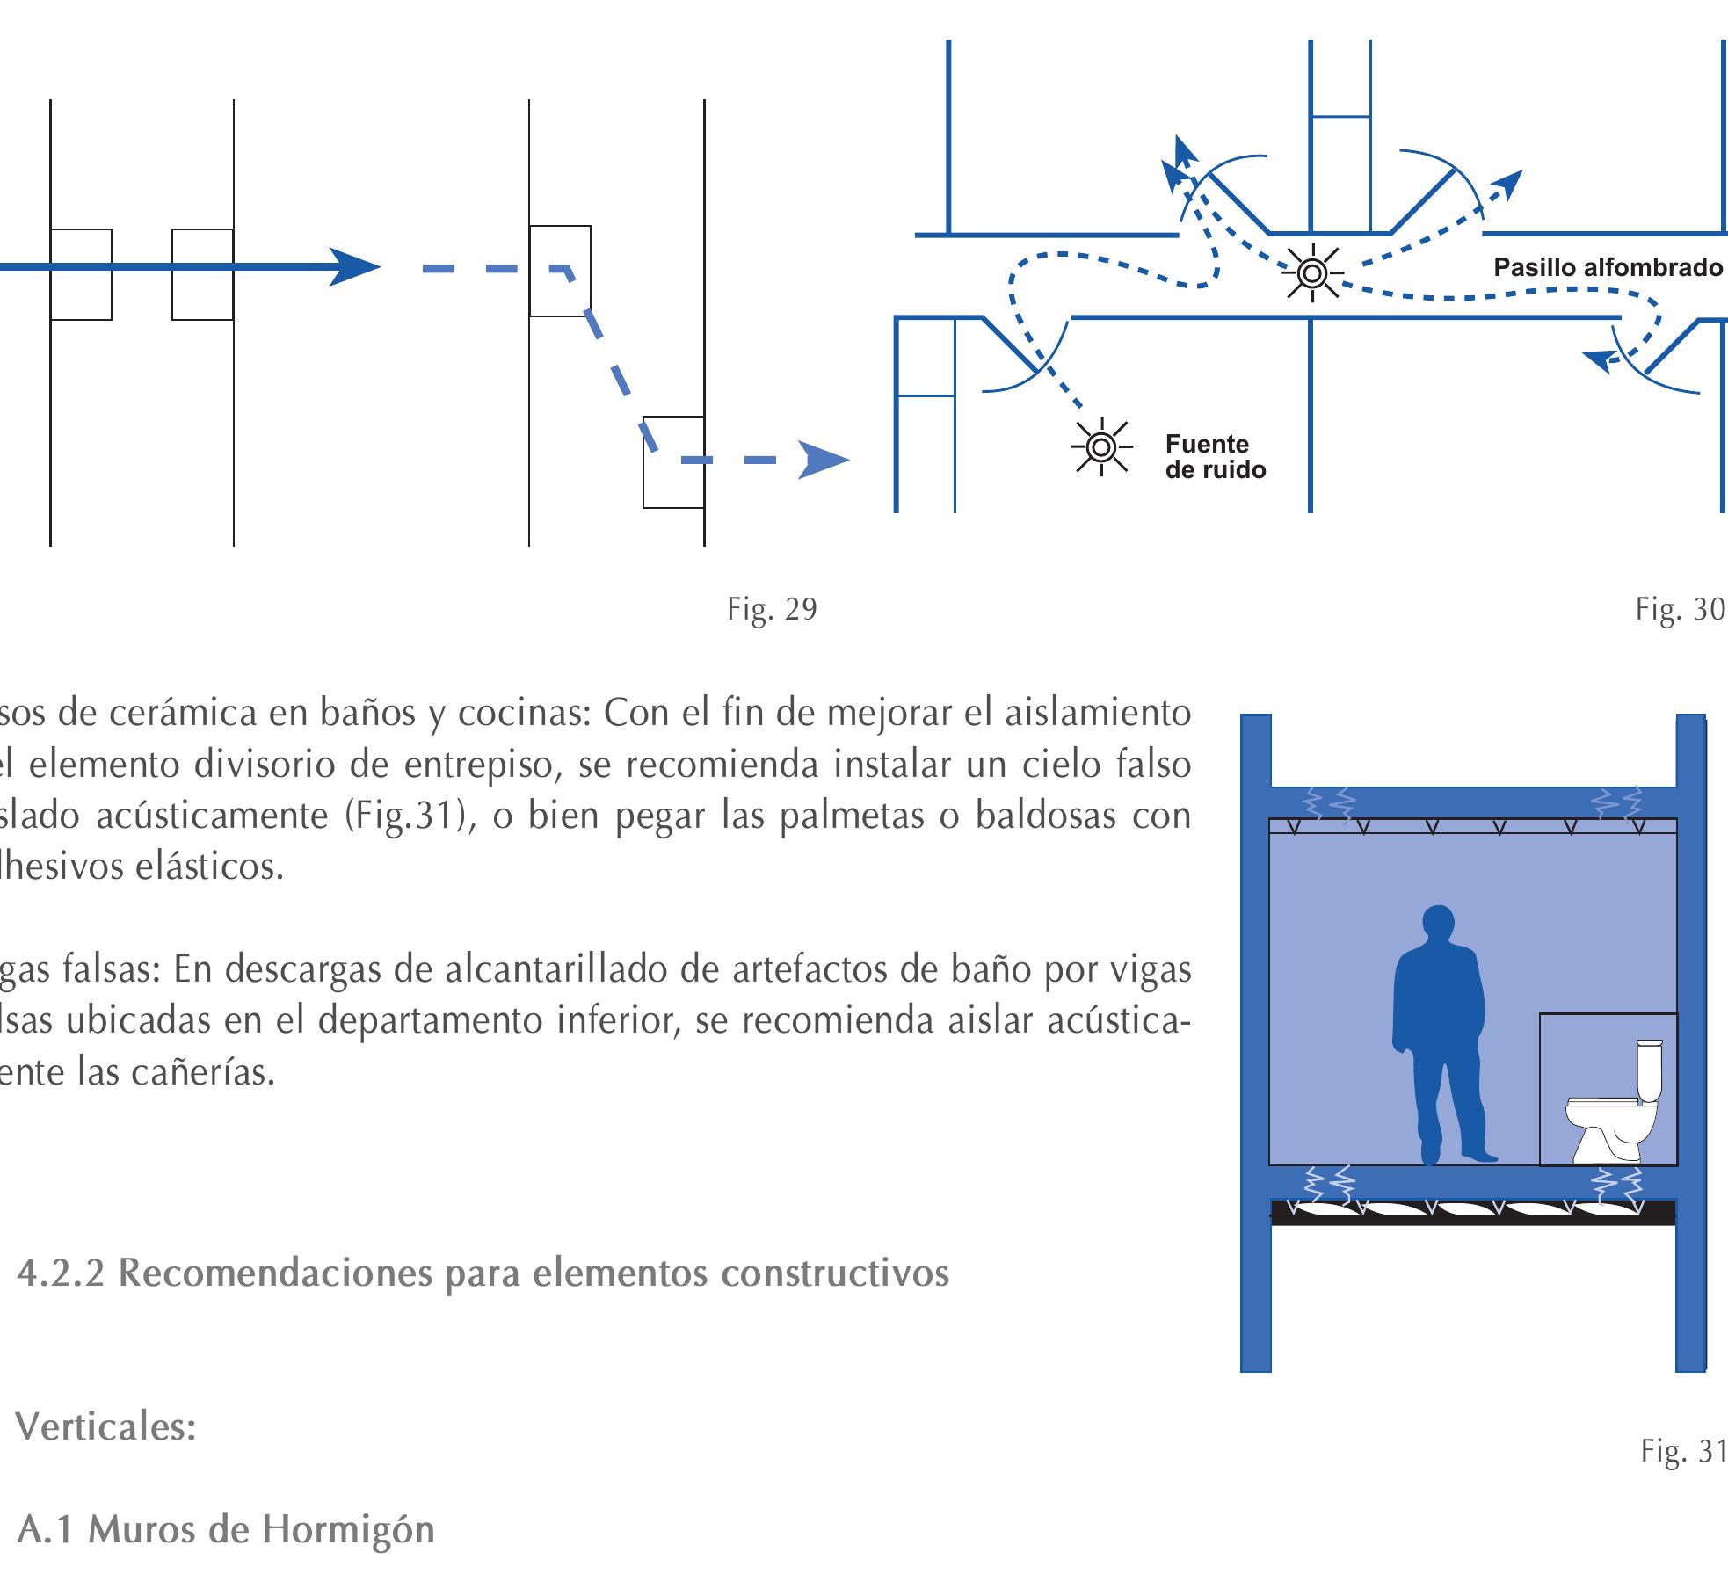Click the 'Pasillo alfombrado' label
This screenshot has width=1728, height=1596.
click(x=1608, y=267)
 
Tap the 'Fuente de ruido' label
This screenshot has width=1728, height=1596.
click(x=1215, y=457)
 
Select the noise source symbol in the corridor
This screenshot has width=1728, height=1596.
click(x=1312, y=273)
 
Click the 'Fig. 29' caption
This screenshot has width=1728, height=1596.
click(x=772, y=609)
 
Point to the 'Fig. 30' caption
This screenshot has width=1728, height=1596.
click(x=1680, y=609)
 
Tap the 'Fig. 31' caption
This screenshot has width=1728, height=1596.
click(x=1683, y=1451)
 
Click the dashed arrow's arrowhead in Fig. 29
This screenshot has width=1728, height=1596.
click(x=823, y=461)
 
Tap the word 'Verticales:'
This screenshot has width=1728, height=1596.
click(x=105, y=1427)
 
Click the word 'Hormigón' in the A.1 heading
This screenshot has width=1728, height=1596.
click(x=348, y=1530)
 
